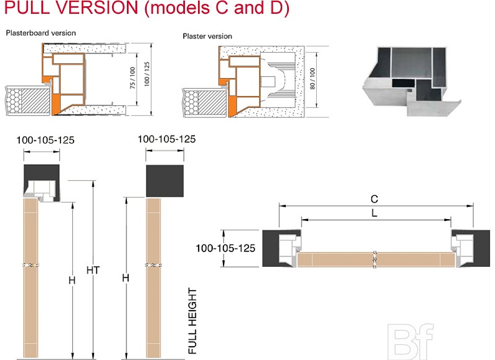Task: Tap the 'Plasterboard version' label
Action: (41, 33)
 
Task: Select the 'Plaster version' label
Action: (207, 36)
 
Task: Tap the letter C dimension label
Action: (374, 199)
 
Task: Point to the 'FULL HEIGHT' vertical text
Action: (193, 320)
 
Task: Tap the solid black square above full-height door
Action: (165, 180)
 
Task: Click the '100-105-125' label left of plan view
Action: (225, 248)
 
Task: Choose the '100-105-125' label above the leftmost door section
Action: (45, 140)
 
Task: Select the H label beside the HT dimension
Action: (72, 280)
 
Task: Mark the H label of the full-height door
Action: (126, 278)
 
